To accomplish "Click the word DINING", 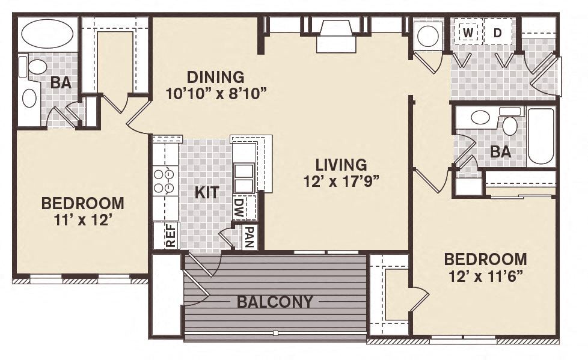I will point(215,77).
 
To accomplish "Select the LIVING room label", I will point(341,164).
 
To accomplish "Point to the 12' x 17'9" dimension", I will point(341,180).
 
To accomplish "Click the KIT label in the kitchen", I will point(206,192).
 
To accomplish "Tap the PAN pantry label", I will point(249,237).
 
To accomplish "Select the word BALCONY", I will point(275,302).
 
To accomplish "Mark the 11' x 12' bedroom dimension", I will point(83,220).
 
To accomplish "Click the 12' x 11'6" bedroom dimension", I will point(485,276).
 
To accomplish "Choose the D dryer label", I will point(497,32).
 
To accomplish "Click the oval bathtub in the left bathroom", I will point(47,34).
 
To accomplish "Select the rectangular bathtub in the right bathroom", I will point(541,136).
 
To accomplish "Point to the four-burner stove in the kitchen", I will point(165,181).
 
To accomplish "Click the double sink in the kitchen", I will point(243,177).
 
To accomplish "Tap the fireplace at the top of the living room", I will point(337,35).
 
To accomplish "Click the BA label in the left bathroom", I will point(60,82).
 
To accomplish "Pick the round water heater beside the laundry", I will point(428,35).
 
